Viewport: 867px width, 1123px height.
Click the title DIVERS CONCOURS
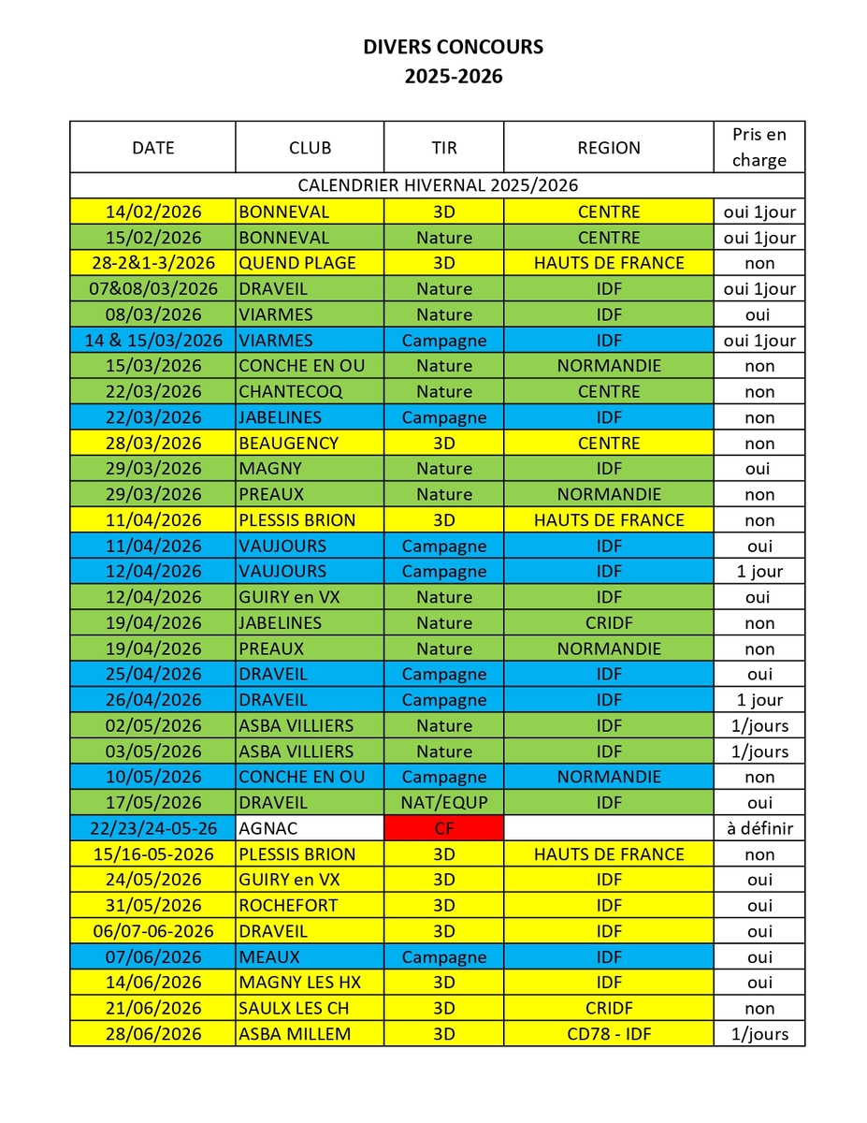(453, 47)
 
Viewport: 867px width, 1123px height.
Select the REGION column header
(609, 148)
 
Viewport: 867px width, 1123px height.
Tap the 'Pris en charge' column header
(759, 147)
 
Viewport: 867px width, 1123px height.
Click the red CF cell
(443, 828)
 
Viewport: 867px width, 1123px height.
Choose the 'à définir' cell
(759, 828)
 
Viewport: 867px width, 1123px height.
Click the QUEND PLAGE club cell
(297, 263)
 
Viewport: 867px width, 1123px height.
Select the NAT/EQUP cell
(443, 802)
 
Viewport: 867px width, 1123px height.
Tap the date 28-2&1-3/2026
(152, 263)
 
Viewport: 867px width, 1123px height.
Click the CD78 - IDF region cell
(609, 1034)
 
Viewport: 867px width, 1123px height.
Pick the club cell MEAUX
(269, 956)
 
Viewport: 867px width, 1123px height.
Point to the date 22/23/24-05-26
(152, 828)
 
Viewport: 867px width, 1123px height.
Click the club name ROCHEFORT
(288, 905)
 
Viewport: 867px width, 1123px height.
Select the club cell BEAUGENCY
(288, 443)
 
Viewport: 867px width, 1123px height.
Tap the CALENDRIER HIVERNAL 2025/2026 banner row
(437, 185)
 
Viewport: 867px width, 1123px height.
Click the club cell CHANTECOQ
(290, 391)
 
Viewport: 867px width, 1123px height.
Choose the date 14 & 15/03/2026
(152, 340)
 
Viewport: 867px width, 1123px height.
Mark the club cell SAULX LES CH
(294, 1008)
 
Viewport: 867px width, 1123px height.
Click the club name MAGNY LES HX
(299, 983)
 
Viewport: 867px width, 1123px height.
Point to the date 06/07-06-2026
(152, 931)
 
